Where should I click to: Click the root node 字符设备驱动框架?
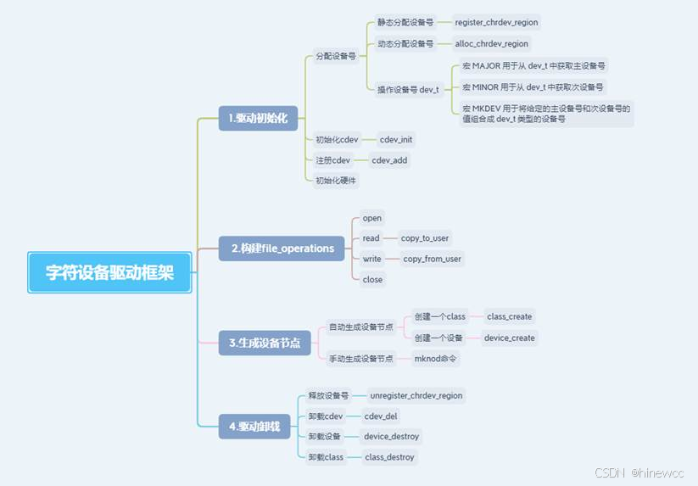pyautogui.click(x=110, y=272)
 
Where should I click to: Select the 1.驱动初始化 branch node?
pyautogui.click(x=258, y=117)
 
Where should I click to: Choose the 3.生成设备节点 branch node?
pyautogui.click(x=265, y=343)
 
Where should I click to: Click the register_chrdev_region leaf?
pyautogui.click(x=496, y=22)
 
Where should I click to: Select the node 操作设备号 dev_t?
pyautogui.click(x=408, y=89)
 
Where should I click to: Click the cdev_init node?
pyautogui.click(x=396, y=139)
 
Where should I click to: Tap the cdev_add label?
pyautogui.click(x=389, y=159)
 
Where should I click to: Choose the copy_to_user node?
pyautogui.click(x=425, y=238)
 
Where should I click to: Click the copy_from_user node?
pyautogui.click(x=432, y=259)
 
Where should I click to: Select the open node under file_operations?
pyautogui.click(x=372, y=218)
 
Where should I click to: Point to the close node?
pyautogui.click(x=372, y=279)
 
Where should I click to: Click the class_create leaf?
pyautogui.click(x=510, y=316)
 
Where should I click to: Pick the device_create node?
pyautogui.click(x=509, y=338)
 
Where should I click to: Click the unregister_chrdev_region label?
pyautogui.click(x=416, y=395)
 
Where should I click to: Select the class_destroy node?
pyautogui.click(x=389, y=457)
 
